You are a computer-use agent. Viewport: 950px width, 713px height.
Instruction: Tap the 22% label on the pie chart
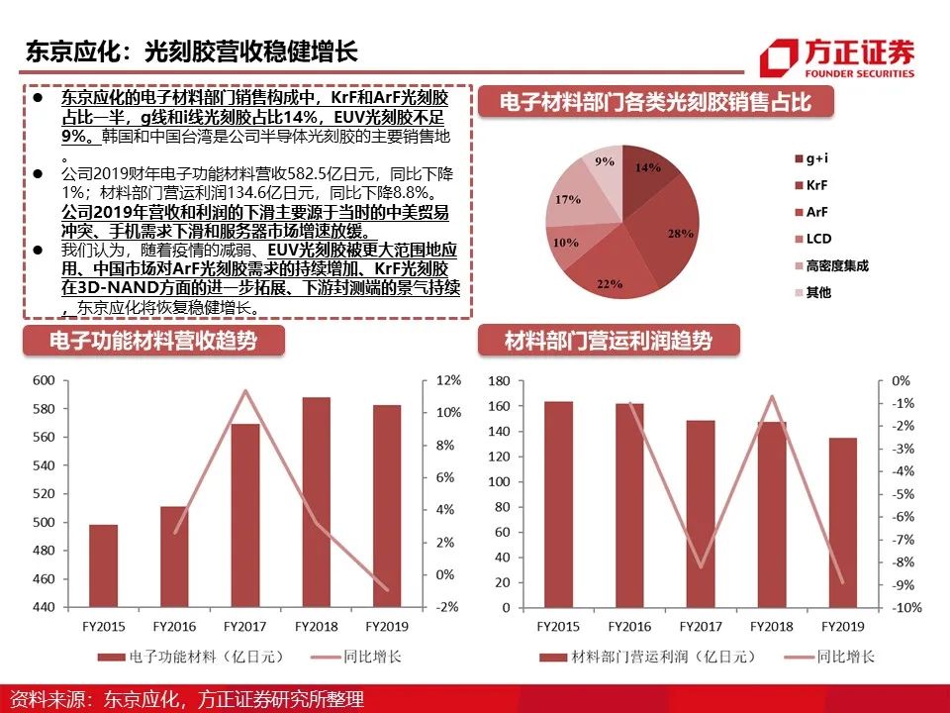610,284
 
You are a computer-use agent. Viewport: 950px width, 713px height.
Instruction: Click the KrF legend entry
818,185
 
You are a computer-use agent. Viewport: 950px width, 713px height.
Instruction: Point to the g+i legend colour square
798,158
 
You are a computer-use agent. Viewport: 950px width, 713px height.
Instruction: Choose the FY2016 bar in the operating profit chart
629,505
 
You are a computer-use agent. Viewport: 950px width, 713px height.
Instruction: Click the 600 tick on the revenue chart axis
44,381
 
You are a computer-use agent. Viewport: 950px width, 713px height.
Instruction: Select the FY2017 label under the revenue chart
245,626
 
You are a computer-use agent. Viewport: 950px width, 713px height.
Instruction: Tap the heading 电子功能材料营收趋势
153,341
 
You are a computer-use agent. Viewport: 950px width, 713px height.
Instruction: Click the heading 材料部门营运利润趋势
608,341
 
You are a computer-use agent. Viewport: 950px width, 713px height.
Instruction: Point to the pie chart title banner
656,103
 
